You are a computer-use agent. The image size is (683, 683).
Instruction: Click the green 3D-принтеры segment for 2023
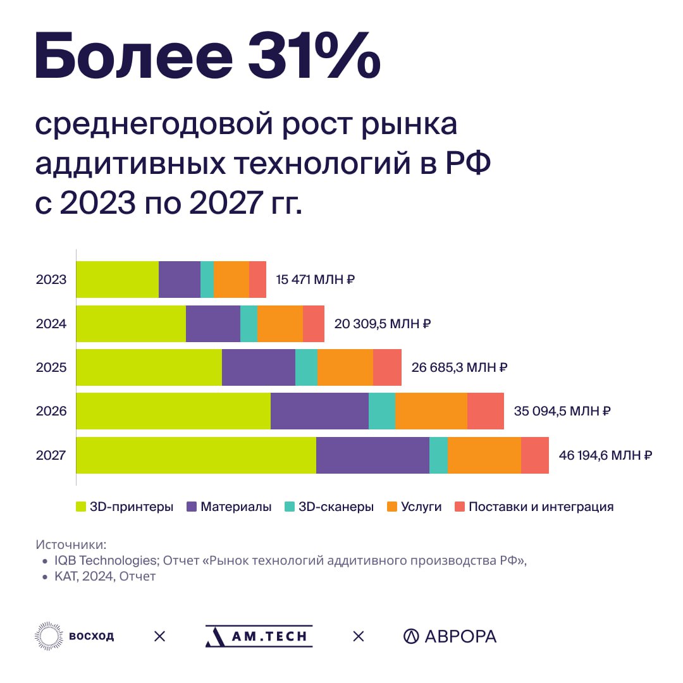tap(117, 279)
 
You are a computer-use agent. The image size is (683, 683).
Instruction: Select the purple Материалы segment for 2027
tap(372, 454)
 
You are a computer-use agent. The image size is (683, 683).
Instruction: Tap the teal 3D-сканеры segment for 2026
tap(381, 410)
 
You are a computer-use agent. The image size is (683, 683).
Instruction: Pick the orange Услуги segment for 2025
tap(345, 367)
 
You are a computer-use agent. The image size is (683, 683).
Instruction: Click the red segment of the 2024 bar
tap(313, 323)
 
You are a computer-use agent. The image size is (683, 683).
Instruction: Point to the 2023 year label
tap(51, 279)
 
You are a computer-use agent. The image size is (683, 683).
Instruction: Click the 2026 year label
tap(51, 410)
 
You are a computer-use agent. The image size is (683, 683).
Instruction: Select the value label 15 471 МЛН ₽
tap(316, 279)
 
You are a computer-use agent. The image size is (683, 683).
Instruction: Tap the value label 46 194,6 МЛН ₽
tap(605, 454)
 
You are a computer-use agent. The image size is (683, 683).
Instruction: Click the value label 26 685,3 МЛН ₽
tap(460, 367)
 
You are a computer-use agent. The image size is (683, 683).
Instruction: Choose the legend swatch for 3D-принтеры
tap(81, 507)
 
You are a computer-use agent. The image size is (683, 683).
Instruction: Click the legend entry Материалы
tap(236, 507)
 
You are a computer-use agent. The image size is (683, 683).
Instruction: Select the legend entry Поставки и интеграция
tap(541, 507)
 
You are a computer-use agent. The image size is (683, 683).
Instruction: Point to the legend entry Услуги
tap(421, 507)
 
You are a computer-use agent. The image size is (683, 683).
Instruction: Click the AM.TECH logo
tap(259, 636)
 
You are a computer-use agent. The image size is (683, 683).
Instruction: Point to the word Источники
tap(71, 545)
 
